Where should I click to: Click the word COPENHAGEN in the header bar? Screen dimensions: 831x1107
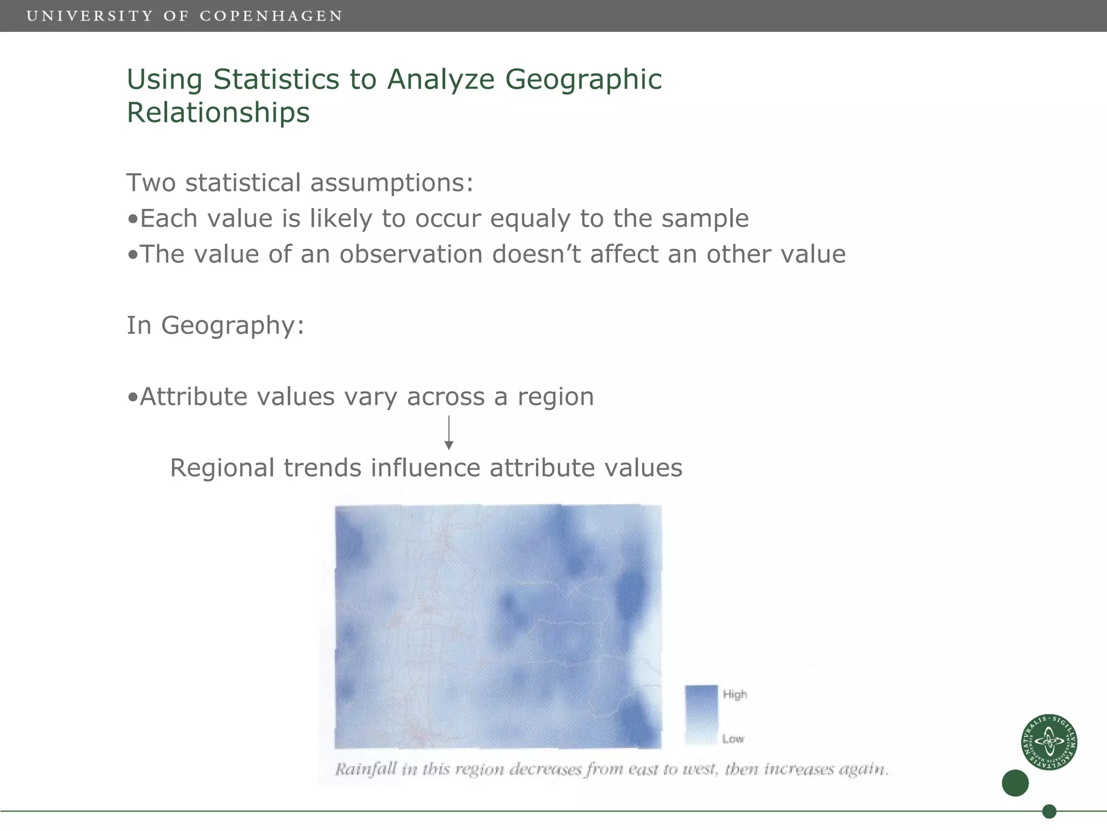[271, 16]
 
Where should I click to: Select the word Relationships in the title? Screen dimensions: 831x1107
[218, 113]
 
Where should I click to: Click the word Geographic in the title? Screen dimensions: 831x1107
[583, 79]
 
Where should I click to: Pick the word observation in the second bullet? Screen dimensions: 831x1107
[411, 254]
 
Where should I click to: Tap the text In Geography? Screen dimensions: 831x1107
[215, 325]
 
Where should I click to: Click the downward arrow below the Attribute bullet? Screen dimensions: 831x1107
[449, 433]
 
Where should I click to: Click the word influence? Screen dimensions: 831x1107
[425, 468]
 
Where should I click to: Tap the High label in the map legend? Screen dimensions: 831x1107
[735, 694]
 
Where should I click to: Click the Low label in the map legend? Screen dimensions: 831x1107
[733, 739]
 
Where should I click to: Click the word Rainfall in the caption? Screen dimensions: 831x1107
[366, 769]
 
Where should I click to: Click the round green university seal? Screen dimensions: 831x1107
[1049, 742]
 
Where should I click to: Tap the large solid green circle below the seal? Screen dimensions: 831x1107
[1015, 783]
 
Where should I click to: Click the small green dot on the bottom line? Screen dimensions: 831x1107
[1049, 811]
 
